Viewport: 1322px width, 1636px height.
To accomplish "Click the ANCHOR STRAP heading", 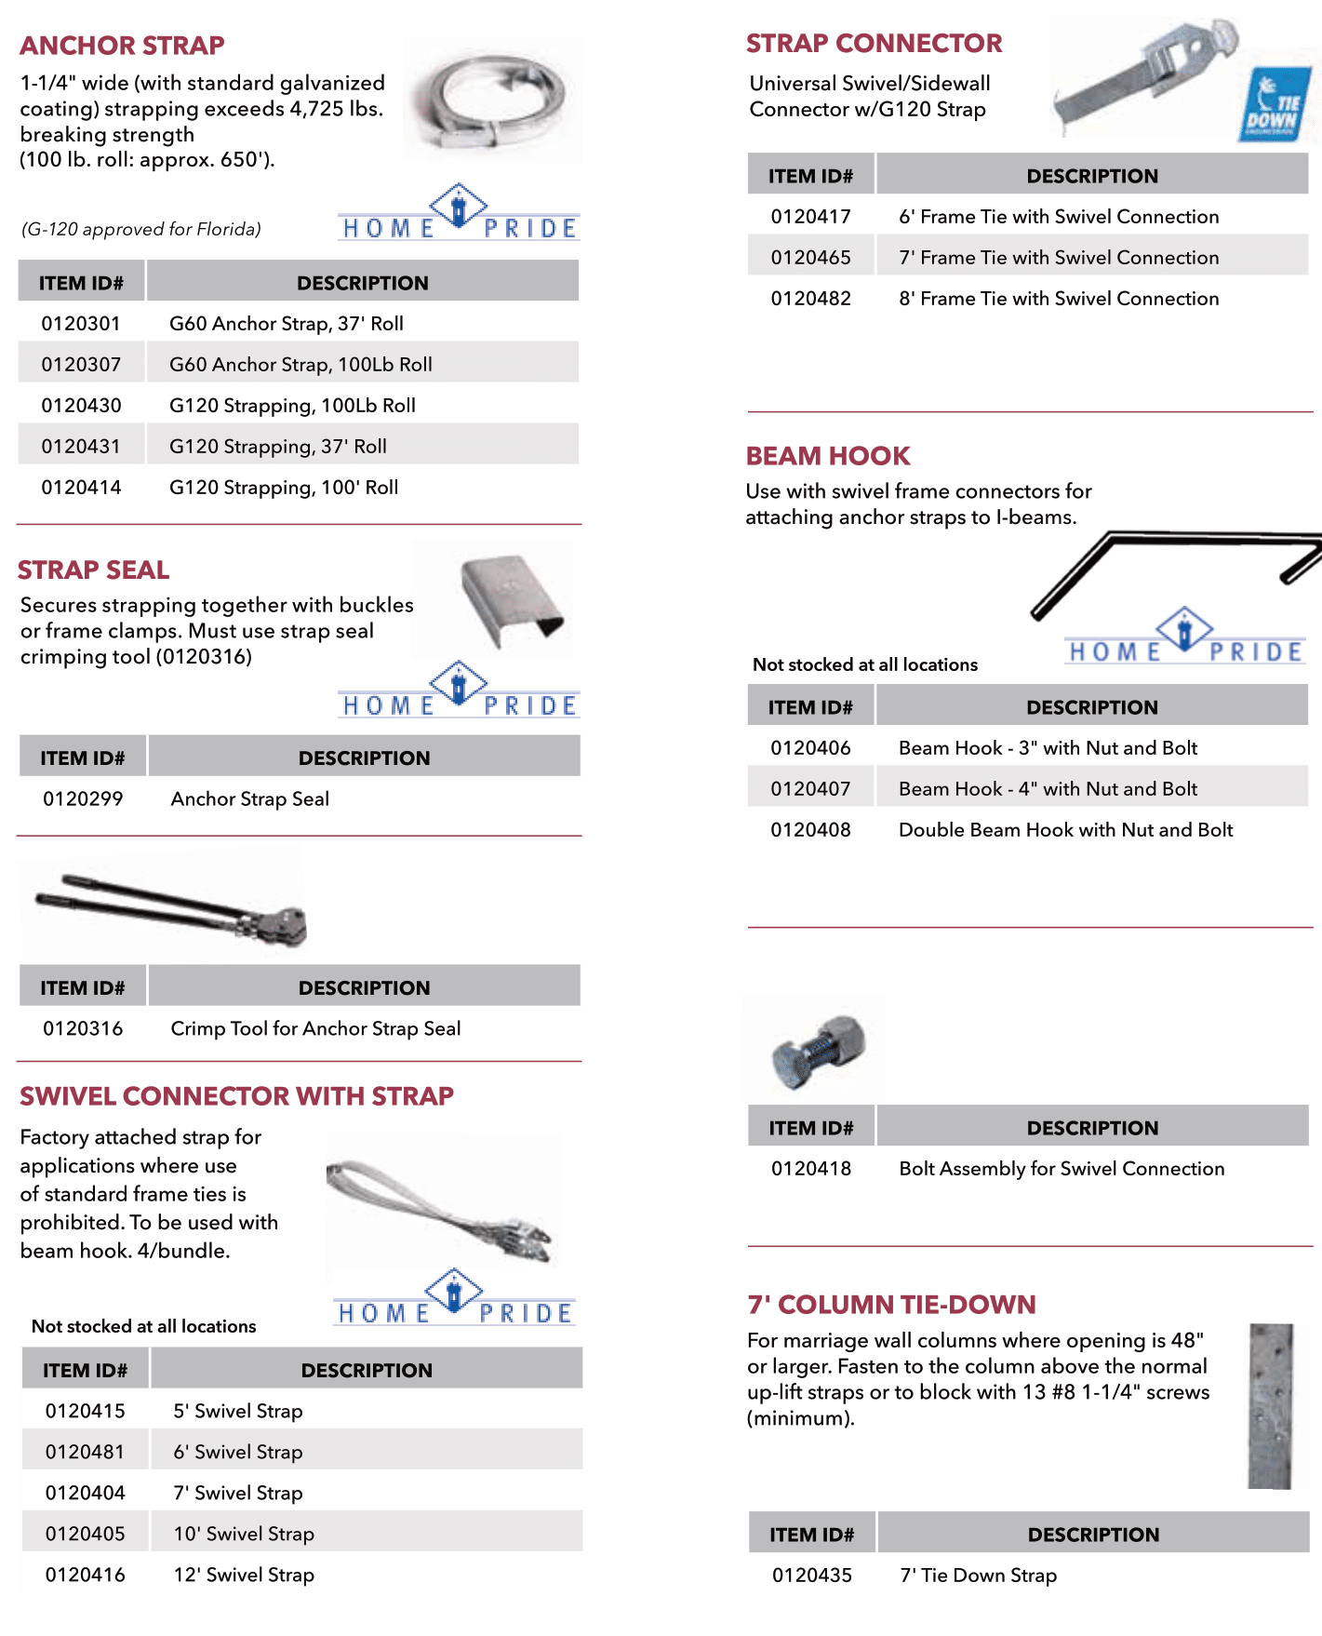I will [x=122, y=46].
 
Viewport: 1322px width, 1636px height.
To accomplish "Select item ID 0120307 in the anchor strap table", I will [x=81, y=365].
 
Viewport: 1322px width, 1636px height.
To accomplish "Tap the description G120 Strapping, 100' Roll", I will [x=284, y=488].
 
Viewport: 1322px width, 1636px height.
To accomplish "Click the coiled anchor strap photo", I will [x=493, y=101].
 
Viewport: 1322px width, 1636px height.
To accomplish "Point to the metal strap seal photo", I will [x=511, y=600].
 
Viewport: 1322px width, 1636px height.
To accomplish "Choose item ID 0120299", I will [x=83, y=799].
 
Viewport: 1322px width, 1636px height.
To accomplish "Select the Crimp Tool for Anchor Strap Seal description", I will [x=315, y=1029].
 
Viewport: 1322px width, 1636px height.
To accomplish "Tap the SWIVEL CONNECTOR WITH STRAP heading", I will [x=236, y=1096].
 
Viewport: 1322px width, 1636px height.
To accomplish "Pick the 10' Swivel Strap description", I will [x=244, y=1534].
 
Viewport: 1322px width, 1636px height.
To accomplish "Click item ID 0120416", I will [x=85, y=1575].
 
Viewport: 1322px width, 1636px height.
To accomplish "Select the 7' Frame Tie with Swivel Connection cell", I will [x=1059, y=258].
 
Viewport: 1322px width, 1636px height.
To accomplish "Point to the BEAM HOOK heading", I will [x=828, y=456].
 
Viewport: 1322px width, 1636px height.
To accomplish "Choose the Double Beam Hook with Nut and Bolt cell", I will [x=1065, y=830].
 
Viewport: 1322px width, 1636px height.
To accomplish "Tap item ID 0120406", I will [x=810, y=748].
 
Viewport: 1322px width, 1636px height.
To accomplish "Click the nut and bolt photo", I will [x=819, y=1049].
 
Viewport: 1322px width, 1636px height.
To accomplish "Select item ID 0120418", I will [x=811, y=1169].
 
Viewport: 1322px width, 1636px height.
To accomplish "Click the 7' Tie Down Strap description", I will [x=978, y=1576].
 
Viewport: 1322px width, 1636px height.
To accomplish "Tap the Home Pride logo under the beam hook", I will [x=1184, y=638].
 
